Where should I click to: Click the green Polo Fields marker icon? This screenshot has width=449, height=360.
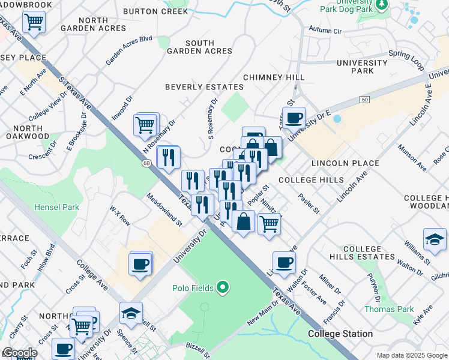point(223,288)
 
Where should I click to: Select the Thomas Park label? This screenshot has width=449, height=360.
point(389,309)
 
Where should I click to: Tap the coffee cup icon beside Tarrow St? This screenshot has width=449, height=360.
point(294,118)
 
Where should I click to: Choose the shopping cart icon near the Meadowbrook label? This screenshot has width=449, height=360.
point(34,22)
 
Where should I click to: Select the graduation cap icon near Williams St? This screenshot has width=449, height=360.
point(434,239)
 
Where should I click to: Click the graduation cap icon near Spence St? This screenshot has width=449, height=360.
point(130,313)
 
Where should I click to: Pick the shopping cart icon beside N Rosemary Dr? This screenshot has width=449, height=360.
point(145,125)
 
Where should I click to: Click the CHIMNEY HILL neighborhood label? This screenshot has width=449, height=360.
point(274,77)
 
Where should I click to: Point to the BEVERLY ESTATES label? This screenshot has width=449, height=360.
point(204,87)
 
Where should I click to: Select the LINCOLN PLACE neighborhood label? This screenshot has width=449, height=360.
point(345,163)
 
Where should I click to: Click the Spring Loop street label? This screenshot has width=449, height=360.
point(405,54)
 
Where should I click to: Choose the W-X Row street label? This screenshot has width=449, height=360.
point(120,215)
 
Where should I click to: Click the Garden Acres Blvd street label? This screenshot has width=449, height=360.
point(129,50)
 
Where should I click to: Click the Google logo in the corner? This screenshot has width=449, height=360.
point(19,353)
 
